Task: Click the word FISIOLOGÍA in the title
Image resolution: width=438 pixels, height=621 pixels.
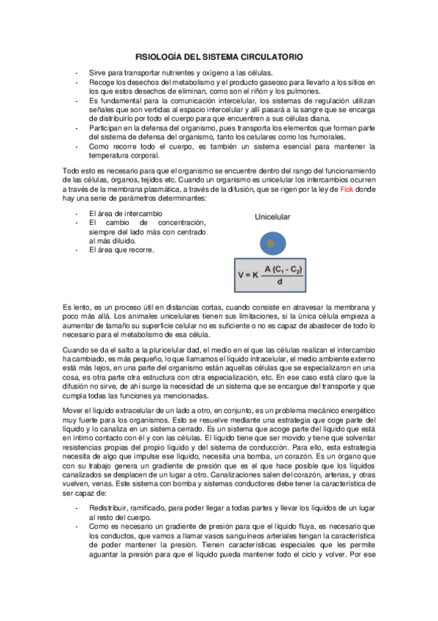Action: [x=159, y=56]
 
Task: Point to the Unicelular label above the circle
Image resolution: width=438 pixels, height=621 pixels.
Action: [x=273, y=217]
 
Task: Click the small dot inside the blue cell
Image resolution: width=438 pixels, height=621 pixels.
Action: [x=271, y=242]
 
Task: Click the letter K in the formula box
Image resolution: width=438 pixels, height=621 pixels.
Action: [x=254, y=275]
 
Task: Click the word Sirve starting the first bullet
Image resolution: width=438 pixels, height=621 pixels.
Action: [x=99, y=72]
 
